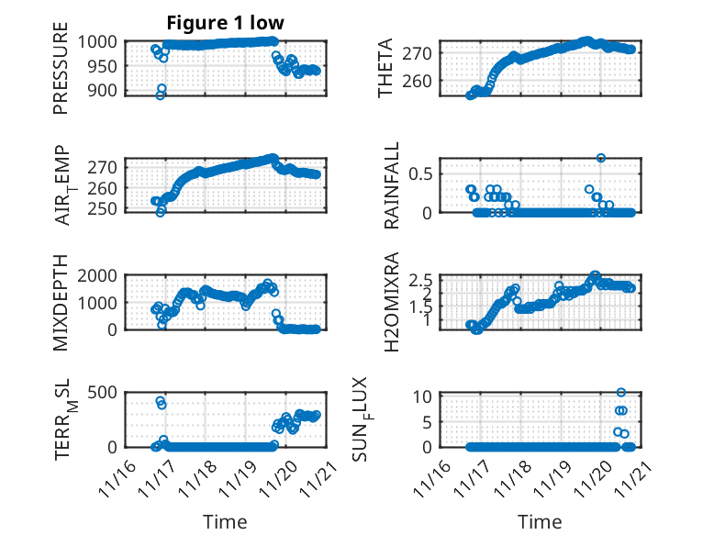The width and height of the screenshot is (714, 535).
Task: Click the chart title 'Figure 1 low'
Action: coord(225,22)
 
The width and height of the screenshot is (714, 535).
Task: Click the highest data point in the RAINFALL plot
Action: coord(600,158)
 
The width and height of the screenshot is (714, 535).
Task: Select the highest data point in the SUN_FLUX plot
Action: coord(621,393)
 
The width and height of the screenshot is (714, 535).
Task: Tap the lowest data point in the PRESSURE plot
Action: coord(160,95)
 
